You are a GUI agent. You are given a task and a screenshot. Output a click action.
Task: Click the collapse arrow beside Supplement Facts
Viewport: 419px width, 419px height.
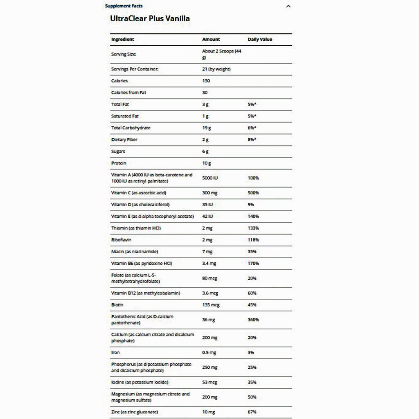click(x=288, y=6)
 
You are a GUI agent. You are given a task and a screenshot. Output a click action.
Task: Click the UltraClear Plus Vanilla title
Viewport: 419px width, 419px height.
click(x=150, y=18)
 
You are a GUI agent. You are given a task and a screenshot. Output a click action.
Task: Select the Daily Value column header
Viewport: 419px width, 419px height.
click(x=260, y=39)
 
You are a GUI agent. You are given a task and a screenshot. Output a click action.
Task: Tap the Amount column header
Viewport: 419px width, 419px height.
click(x=211, y=39)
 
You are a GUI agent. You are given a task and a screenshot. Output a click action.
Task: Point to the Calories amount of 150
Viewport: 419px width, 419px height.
click(x=206, y=81)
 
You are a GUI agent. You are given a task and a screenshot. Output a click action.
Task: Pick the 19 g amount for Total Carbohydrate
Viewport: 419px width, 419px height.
click(x=207, y=128)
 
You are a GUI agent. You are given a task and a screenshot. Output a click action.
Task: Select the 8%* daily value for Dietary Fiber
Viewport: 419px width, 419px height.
click(x=252, y=140)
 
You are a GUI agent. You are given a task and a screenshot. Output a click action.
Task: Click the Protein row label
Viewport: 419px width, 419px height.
click(x=119, y=163)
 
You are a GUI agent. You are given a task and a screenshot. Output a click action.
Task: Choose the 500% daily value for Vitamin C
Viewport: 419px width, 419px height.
click(x=253, y=193)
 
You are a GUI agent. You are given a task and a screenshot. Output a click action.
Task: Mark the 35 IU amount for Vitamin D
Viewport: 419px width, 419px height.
click(x=208, y=205)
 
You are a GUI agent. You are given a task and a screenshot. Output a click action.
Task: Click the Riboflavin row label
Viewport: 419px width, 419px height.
click(x=122, y=240)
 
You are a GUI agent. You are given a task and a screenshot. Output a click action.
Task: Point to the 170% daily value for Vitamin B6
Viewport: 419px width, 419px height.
click(x=253, y=264)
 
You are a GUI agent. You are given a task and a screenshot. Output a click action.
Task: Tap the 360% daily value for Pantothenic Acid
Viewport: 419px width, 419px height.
click(x=253, y=320)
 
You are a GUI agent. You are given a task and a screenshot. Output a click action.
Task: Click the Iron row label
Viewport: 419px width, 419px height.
click(x=115, y=352)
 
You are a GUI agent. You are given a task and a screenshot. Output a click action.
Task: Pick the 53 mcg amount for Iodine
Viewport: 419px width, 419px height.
click(x=210, y=382)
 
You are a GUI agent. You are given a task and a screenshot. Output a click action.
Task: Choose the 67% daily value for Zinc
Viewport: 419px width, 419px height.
click(x=252, y=412)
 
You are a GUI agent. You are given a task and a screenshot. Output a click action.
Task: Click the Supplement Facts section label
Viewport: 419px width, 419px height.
click(x=124, y=6)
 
